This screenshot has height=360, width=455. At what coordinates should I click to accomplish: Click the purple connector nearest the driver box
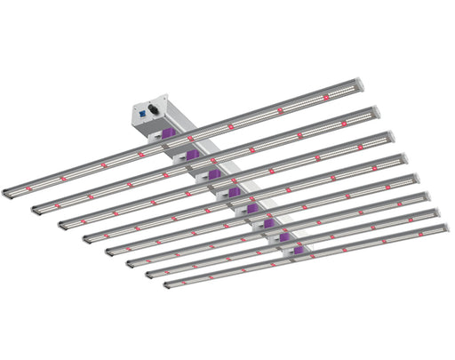pyautogui.click(x=166, y=135)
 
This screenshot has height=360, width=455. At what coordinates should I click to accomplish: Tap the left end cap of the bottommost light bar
pyautogui.click(x=167, y=284)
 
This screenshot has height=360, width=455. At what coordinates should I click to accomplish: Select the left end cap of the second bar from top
pyautogui.click(x=36, y=209)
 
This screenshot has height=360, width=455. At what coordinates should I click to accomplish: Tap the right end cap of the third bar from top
pyautogui.click(x=391, y=137)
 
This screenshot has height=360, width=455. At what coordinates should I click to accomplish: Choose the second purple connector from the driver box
pyautogui.click(x=190, y=155)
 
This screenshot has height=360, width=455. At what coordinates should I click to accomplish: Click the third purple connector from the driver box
pyautogui.click(x=213, y=173)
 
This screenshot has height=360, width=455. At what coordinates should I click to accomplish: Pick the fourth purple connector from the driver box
pyautogui.click(x=233, y=191)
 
